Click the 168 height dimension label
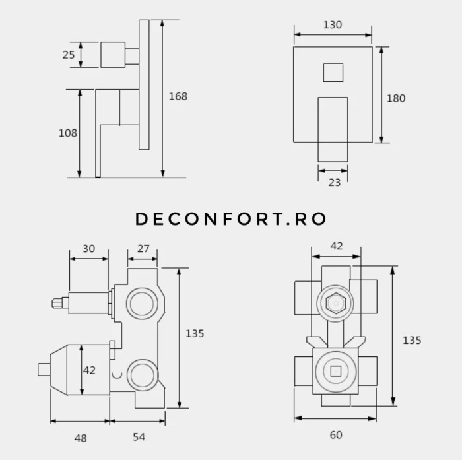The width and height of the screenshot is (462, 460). [178, 96]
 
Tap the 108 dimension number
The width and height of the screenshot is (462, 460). [68, 133]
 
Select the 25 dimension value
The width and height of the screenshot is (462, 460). [69, 55]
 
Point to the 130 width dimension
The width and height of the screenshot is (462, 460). [333, 25]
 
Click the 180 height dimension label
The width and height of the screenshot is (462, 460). [396, 98]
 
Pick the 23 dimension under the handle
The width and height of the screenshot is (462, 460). [335, 182]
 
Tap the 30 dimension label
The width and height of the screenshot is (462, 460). [88, 249]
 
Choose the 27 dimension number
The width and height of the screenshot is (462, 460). [143, 249]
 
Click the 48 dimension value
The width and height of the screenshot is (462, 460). [80, 438]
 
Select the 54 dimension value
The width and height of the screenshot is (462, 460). [139, 437]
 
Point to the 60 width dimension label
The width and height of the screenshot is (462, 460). [336, 435]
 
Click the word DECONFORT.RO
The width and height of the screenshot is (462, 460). [231, 219]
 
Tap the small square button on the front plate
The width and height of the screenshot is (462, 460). [333, 72]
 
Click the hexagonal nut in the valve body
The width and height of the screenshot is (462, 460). [335, 304]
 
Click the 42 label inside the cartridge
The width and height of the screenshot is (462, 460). [89, 370]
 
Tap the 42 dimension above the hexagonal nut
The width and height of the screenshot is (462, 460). [337, 246]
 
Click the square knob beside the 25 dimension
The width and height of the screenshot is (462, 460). [113, 55]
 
